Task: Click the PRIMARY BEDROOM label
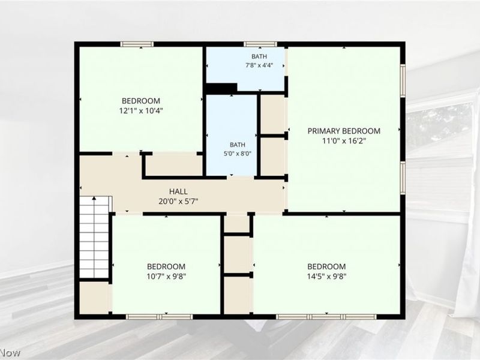tap(344, 131)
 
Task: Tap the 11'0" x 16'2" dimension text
tap(344, 141)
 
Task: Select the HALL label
tap(178, 191)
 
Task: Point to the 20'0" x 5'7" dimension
tap(178, 202)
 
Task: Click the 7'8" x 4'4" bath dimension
tap(259, 65)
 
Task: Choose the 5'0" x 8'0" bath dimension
tap(237, 154)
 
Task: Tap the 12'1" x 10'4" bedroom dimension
tap(141, 110)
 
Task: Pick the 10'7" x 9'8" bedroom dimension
tap(166, 277)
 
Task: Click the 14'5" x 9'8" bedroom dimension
tap(326, 277)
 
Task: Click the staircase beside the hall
tap(95, 237)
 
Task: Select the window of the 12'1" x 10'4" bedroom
tap(137, 44)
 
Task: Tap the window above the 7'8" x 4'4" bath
tap(260, 44)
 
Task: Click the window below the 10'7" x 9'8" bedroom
tap(160, 317)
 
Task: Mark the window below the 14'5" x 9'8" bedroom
tap(326, 317)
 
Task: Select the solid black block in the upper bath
tap(221, 88)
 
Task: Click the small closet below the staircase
tap(94, 298)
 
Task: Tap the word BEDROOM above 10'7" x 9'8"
tap(166, 266)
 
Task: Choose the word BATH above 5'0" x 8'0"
tap(237, 145)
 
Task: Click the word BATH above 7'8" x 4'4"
tap(259, 56)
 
